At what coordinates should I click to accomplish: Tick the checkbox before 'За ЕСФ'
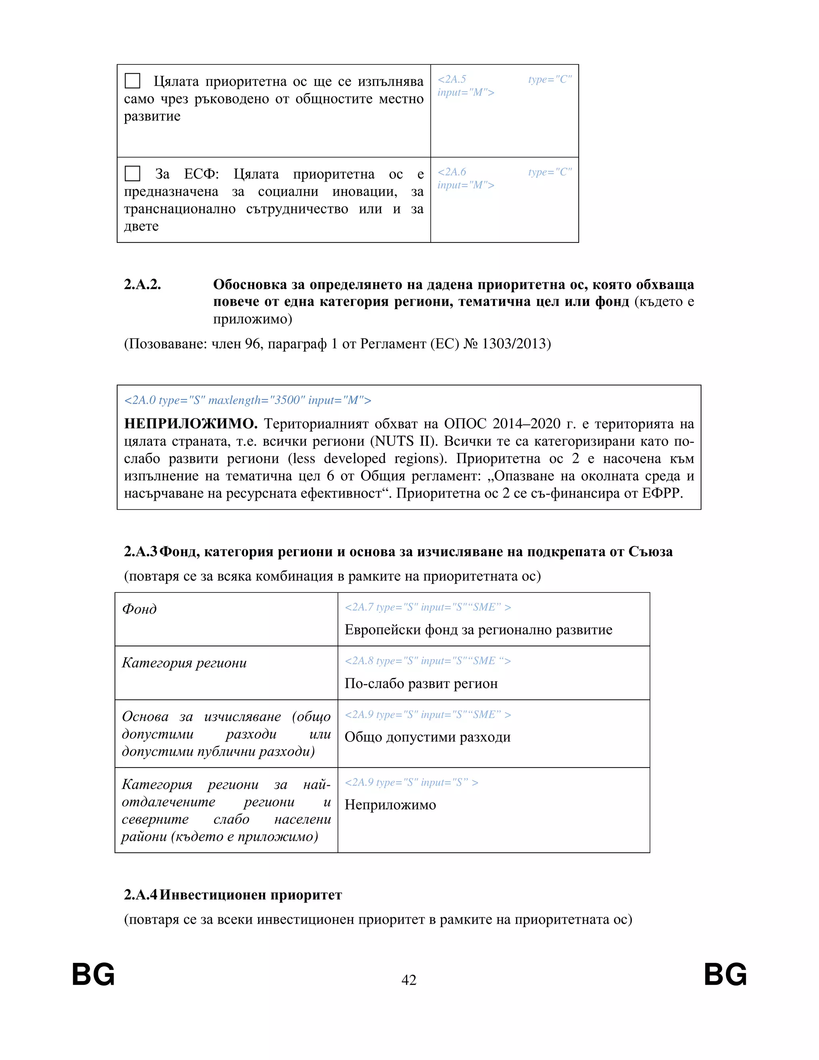132,173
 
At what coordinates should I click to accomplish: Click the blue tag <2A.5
452,79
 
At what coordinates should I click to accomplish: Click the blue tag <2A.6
452,172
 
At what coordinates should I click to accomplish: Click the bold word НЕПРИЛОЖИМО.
191,424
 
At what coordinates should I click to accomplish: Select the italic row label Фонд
139,609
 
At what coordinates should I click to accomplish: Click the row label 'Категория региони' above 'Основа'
184,662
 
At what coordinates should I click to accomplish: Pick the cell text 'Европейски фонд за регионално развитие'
478,630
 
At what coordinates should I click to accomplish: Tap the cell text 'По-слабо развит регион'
421,683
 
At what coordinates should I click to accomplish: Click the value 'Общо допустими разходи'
427,737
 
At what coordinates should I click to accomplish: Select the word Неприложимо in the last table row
390,805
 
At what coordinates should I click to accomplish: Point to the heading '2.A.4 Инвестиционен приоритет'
233,894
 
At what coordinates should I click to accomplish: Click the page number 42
409,980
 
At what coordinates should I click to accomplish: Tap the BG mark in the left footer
93,974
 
